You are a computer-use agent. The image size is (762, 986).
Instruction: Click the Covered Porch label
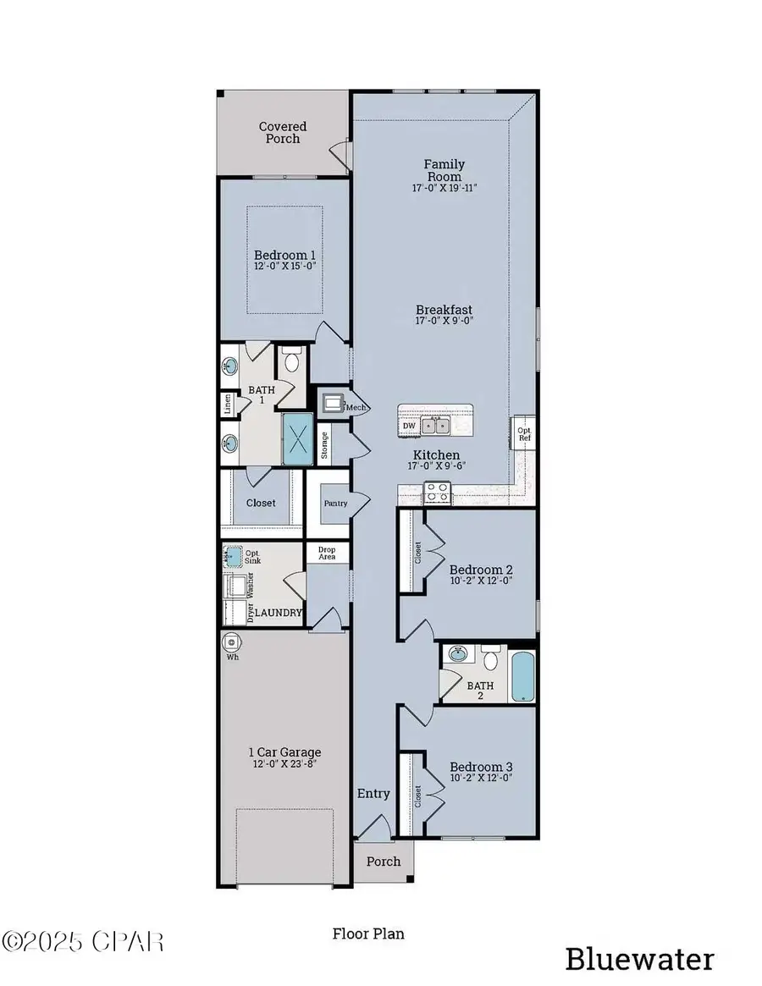coord(283,132)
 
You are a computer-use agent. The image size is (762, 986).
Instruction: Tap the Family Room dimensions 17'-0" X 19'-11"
coord(444,188)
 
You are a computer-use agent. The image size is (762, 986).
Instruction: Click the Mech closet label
coord(355,407)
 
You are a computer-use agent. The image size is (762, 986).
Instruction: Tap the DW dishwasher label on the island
coord(409,426)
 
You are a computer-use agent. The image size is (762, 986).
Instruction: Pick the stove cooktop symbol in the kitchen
coord(437,491)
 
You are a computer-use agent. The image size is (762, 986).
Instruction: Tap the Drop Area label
coord(326,552)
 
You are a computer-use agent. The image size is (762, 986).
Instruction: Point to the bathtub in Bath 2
coord(524,675)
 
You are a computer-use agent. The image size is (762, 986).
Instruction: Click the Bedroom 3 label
coord(481,767)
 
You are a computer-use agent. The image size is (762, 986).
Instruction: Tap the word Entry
coord(373,793)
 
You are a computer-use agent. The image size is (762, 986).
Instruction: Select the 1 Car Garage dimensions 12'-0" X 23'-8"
coord(284,764)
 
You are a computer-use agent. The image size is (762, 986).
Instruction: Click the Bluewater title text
coord(639,959)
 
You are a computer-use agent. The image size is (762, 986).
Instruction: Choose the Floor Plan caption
coord(367,934)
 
